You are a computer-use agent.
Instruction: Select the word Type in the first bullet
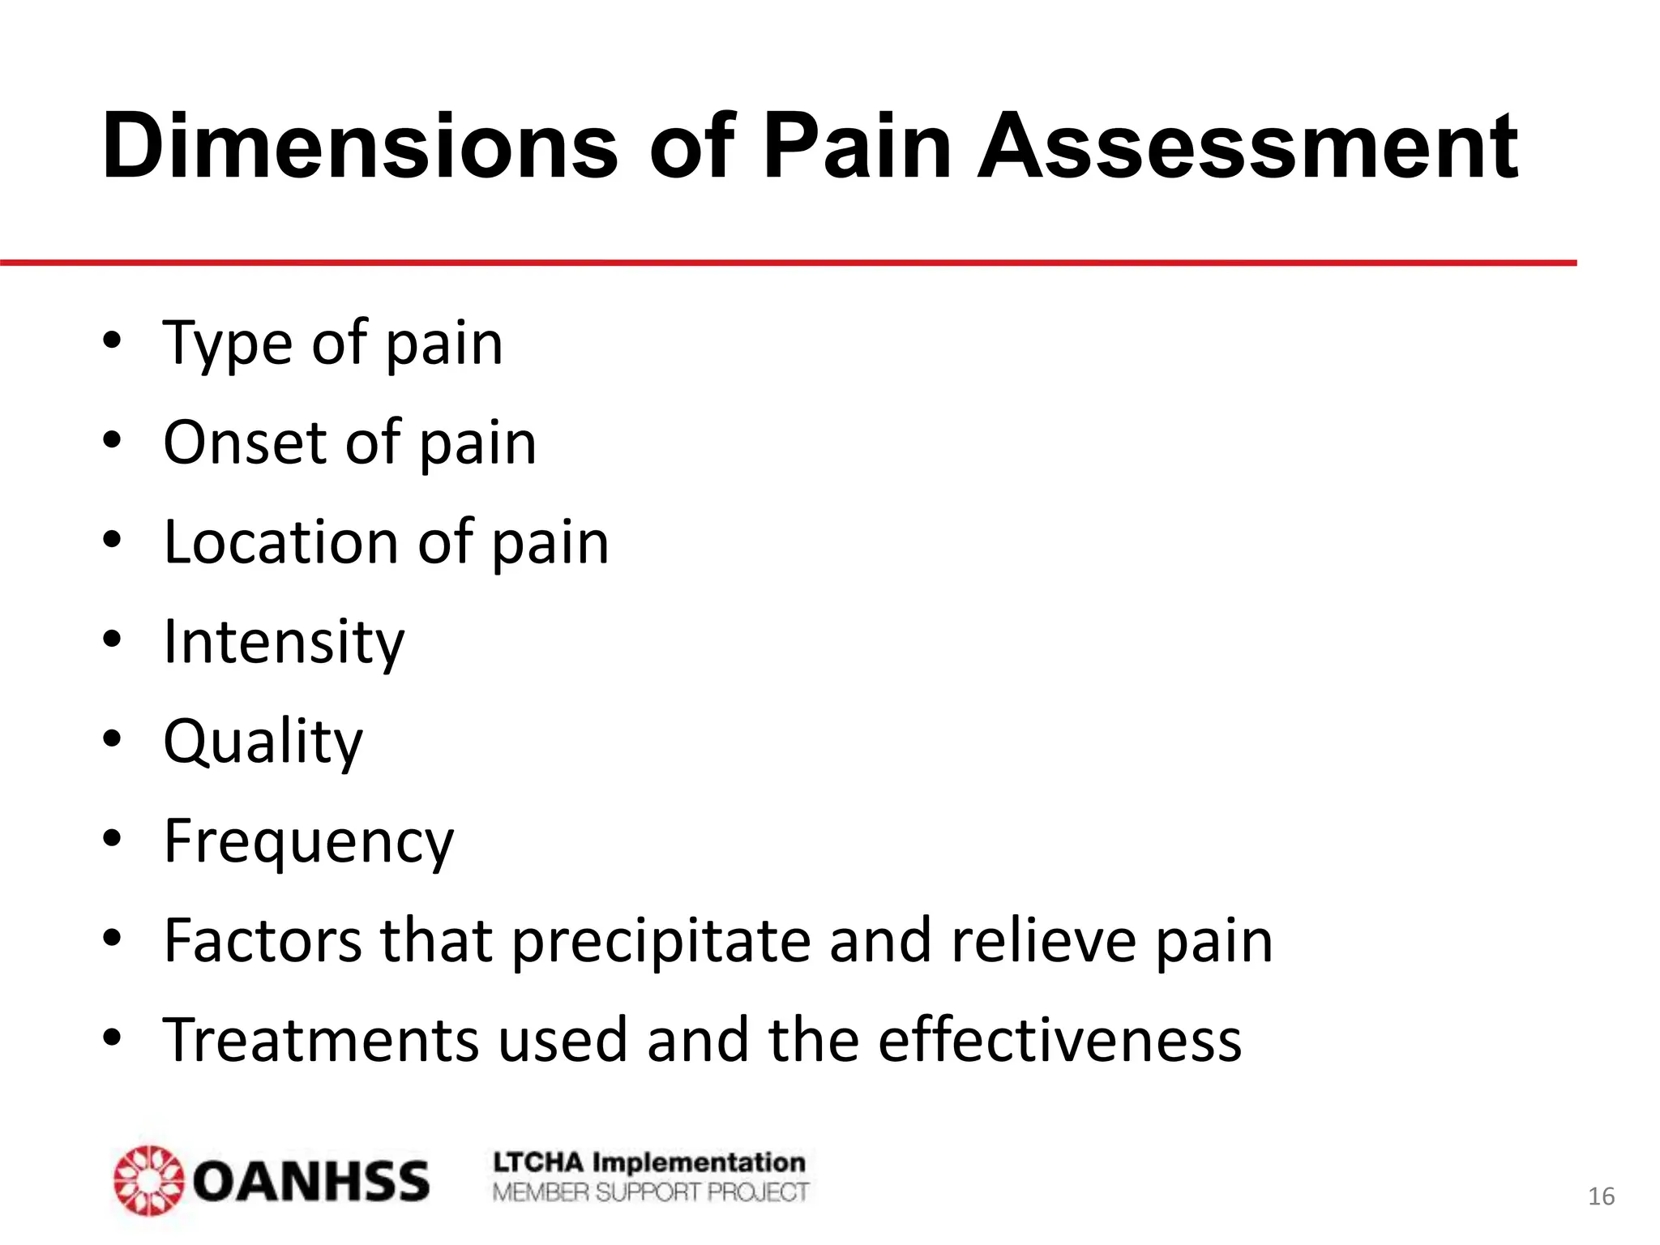pyautogui.click(x=228, y=344)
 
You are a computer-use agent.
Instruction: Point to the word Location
pyautogui.click(x=280, y=542)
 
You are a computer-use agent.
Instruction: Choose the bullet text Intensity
pyautogui.click(x=284, y=643)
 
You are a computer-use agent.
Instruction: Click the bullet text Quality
pyautogui.click(x=263, y=742)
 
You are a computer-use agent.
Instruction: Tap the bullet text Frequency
pyautogui.click(x=309, y=842)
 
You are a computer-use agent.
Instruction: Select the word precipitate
pyautogui.click(x=661, y=942)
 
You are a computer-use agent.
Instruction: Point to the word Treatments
pyautogui.click(x=321, y=1040)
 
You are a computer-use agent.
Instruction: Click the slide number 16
pyautogui.click(x=1601, y=1197)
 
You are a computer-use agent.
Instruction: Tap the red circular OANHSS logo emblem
pyautogui.click(x=149, y=1180)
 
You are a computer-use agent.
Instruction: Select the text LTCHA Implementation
pyautogui.click(x=649, y=1162)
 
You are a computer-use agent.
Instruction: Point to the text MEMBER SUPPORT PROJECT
pyautogui.click(x=651, y=1192)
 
